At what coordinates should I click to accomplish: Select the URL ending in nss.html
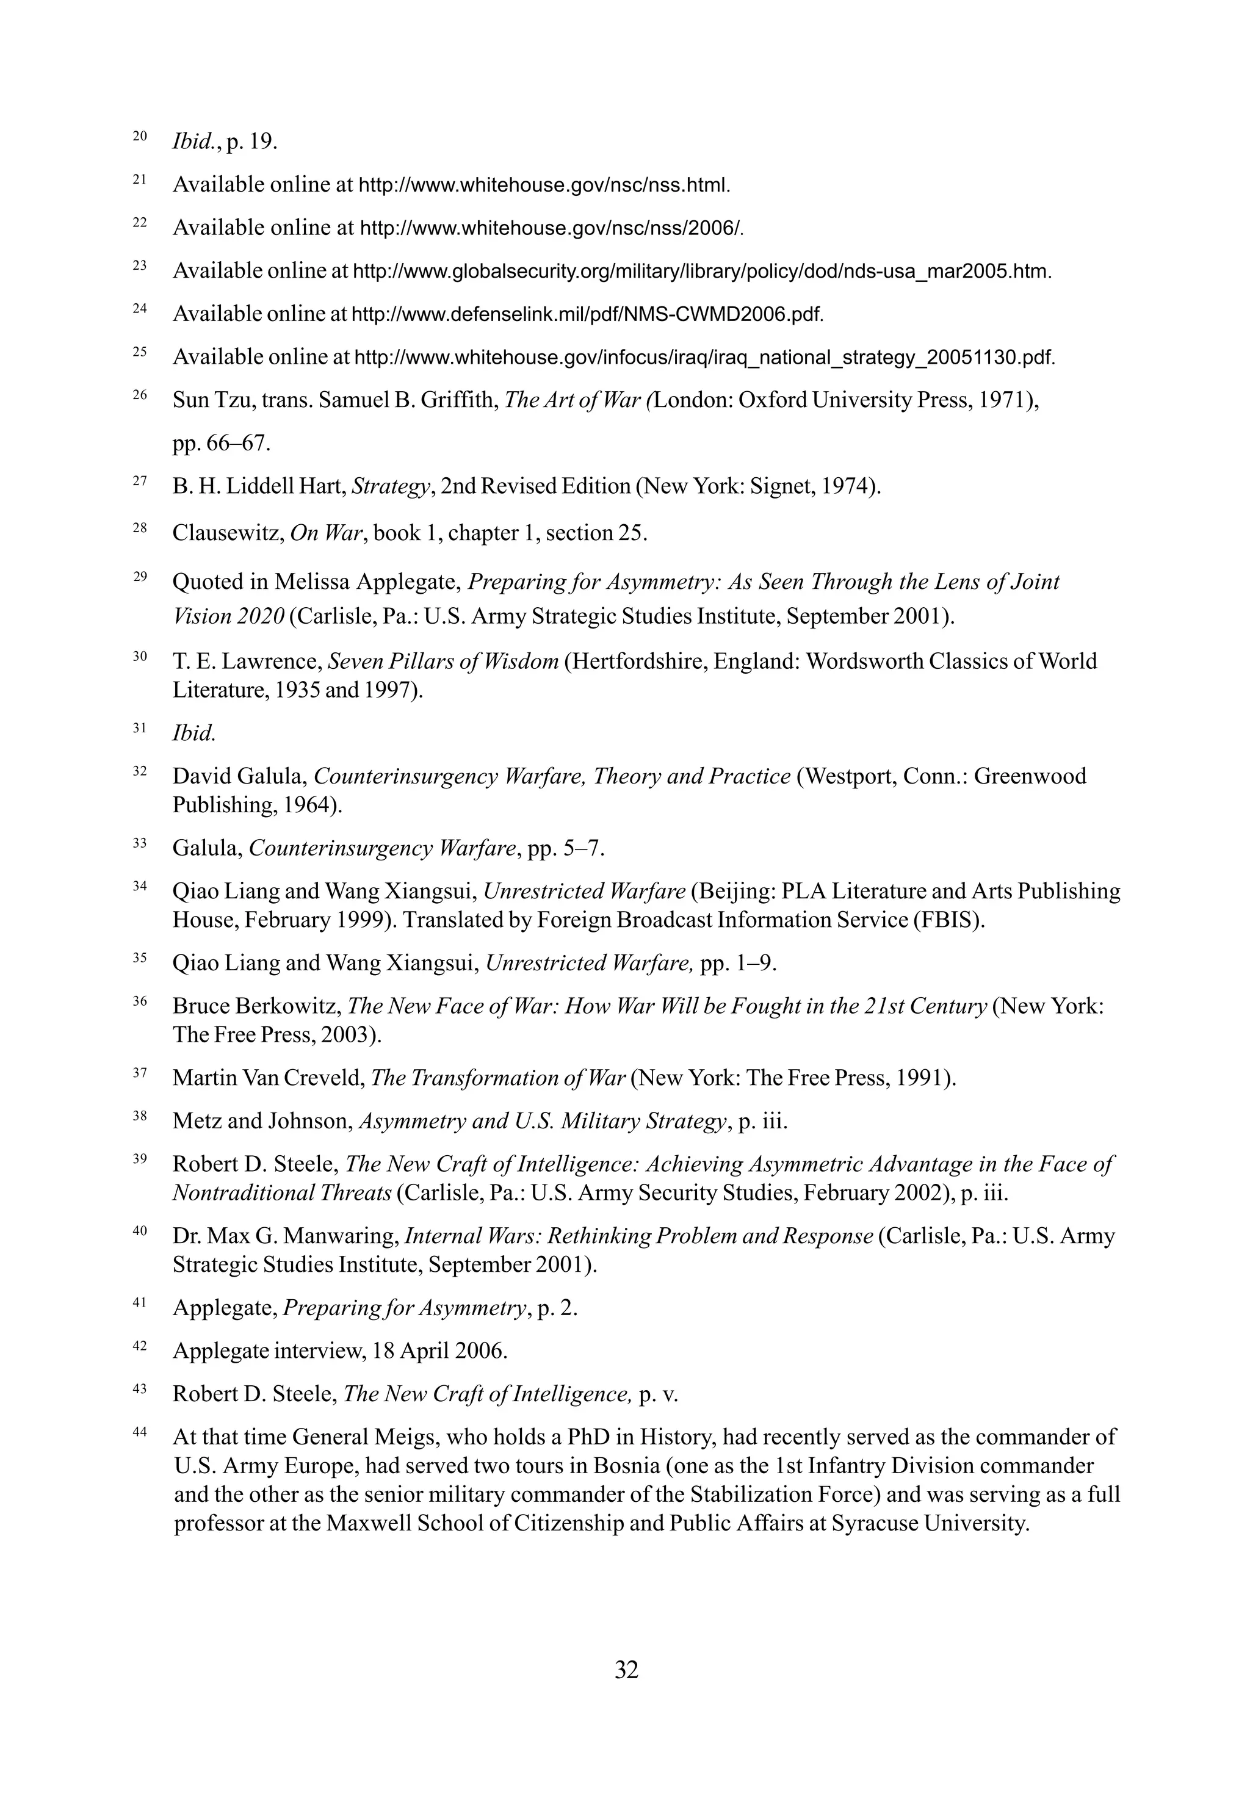pos(544,186)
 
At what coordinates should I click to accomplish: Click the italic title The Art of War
pos(573,401)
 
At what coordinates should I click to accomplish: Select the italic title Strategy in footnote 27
pos(391,487)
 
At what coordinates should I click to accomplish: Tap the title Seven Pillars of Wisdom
pos(443,662)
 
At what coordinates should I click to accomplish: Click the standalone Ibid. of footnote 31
pos(193,734)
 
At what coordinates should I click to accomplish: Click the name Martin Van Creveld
pos(269,1078)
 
